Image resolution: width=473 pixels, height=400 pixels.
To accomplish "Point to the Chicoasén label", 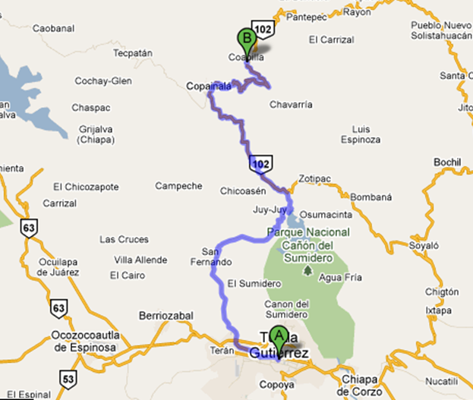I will [241, 190].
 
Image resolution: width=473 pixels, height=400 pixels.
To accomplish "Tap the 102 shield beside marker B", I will [263, 29].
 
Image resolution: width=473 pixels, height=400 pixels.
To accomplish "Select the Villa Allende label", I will [140, 260].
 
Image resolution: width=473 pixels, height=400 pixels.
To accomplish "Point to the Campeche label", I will [179, 185].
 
